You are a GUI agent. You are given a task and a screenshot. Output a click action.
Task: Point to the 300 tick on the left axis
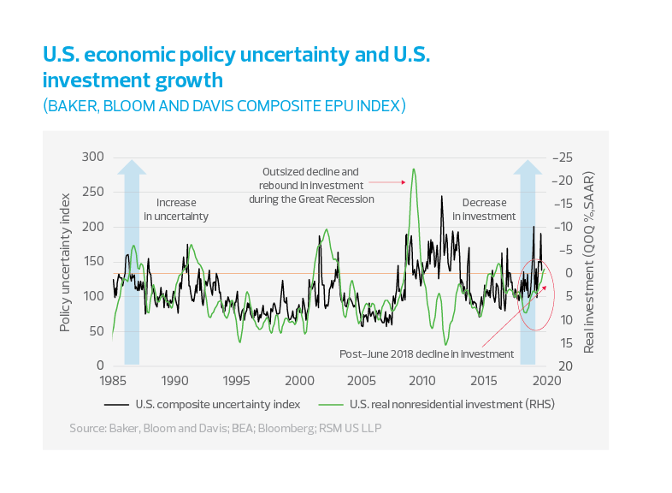point(91,157)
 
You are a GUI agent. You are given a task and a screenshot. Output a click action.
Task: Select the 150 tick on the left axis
point(91,261)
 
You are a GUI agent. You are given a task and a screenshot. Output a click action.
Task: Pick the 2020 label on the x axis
point(546,380)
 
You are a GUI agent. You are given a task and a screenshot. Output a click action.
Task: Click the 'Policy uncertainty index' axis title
point(66,262)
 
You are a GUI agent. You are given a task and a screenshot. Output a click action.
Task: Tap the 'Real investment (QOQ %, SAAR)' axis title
point(589,262)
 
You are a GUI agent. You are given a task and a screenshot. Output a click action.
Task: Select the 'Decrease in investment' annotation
point(484,210)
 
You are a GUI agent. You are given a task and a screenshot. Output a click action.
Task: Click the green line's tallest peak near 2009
point(414,168)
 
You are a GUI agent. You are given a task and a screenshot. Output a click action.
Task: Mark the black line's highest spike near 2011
point(442,196)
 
